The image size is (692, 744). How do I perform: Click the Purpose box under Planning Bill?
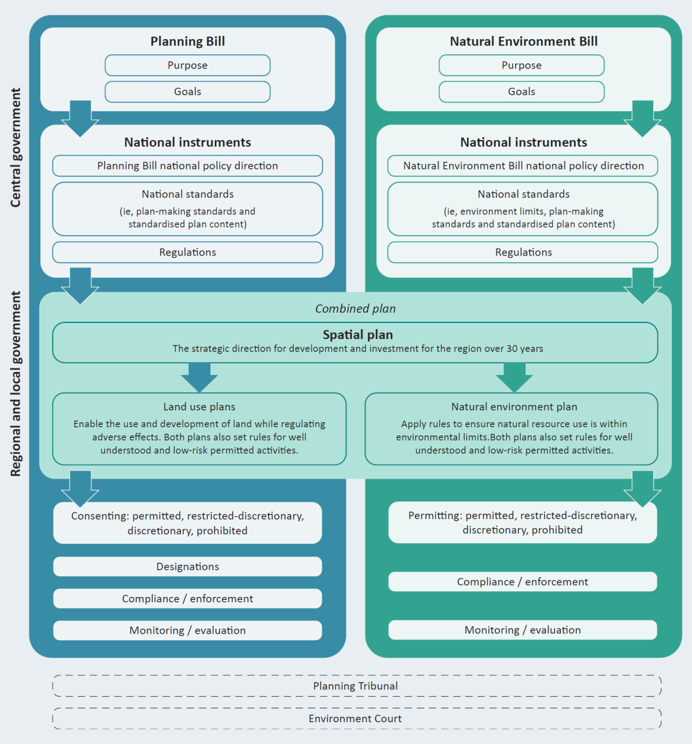tap(187, 65)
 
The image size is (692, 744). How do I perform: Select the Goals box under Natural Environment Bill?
tap(521, 92)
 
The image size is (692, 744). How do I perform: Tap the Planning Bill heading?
tap(187, 42)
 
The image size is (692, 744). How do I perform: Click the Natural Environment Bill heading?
tap(524, 42)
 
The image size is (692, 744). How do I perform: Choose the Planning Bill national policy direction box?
tap(187, 166)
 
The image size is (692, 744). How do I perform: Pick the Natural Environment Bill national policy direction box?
tap(523, 166)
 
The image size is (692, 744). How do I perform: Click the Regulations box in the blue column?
tap(187, 252)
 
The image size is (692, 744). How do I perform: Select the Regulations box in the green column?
tap(523, 252)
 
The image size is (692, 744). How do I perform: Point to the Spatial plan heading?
tap(358, 335)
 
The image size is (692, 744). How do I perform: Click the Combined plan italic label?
tap(355, 309)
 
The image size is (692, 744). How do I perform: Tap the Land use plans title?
tap(199, 407)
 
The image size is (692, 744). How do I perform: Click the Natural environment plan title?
tap(514, 407)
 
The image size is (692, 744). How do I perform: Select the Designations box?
tap(187, 566)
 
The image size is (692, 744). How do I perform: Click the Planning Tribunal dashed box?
tap(355, 686)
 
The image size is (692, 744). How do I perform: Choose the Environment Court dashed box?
tap(355, 719)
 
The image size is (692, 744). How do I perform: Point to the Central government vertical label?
tap(16, 148)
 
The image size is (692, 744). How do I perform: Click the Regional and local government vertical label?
tap(16, 384)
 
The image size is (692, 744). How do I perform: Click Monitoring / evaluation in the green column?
tap(522, 630)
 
